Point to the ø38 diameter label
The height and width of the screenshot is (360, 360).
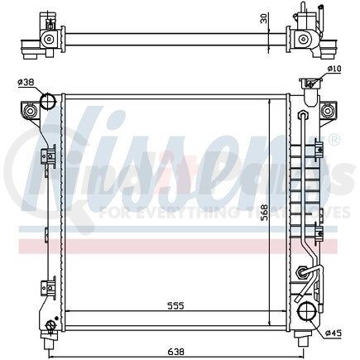point(25,82)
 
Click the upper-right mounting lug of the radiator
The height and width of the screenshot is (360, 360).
point(328,109)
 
